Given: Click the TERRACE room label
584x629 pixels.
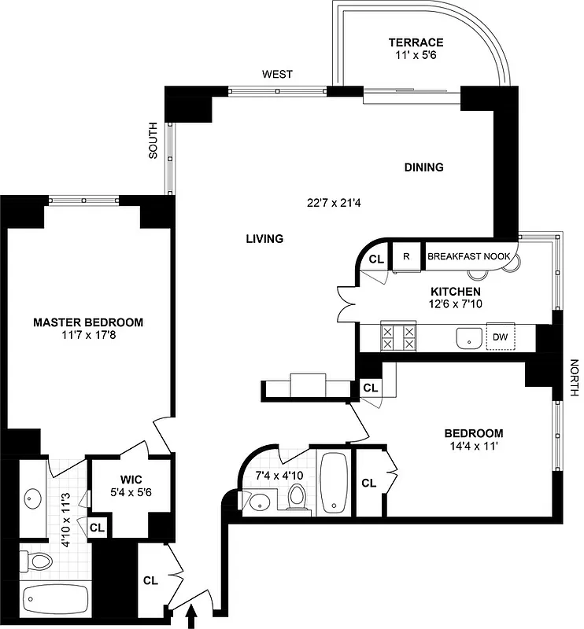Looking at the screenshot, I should point(416,42).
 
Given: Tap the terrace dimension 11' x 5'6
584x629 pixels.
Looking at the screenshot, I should point(416,57).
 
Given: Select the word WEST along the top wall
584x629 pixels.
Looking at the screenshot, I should point(277,75).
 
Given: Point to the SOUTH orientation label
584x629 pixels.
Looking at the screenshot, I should point(153,141).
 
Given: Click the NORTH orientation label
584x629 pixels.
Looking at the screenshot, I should point(574,378).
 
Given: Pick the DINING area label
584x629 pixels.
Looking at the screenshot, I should point(423,167).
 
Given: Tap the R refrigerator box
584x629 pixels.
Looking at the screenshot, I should point(406,256).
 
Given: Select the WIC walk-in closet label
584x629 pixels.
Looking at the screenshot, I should point(130,480).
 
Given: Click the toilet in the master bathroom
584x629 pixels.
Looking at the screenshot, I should point(36,560).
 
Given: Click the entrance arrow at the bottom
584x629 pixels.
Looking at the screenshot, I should point(190,619).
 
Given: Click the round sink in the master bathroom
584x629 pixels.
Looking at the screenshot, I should point(33,498).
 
